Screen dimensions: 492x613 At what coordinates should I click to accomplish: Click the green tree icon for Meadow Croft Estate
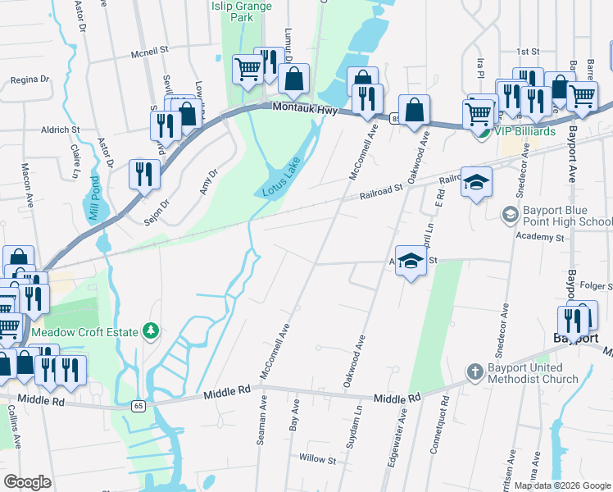[x=150, y=330]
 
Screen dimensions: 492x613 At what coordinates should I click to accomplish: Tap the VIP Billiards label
[x=524, y=131]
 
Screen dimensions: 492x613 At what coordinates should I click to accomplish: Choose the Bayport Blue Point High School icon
[x=511, y=214]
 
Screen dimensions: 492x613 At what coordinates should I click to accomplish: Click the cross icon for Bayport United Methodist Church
[x=475, y=372]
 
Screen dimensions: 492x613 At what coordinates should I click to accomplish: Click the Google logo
[x=28, y=482]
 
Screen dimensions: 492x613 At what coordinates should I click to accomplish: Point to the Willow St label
[x=318, y=459]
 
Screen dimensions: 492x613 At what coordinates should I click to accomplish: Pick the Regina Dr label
[x=30, y=80]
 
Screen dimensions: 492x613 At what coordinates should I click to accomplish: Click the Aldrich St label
[x=61, y=130]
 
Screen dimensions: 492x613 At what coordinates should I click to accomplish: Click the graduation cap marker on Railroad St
[x=475, y=183]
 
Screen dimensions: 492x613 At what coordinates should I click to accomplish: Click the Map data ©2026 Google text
[x=561, y=485]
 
